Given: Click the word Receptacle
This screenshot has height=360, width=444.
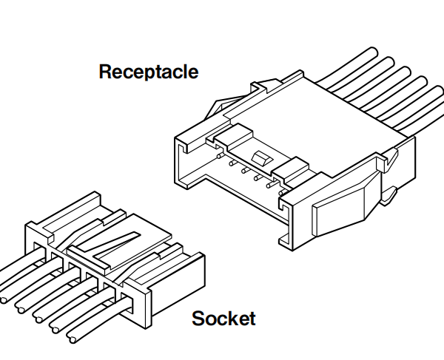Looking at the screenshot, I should coord(148,72).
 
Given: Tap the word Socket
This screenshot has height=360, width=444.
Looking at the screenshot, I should coord(223,319).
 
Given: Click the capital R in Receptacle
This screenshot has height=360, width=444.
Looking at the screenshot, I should coord(104,72).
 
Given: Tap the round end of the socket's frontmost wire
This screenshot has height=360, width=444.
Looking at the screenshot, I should coord(73,336).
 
